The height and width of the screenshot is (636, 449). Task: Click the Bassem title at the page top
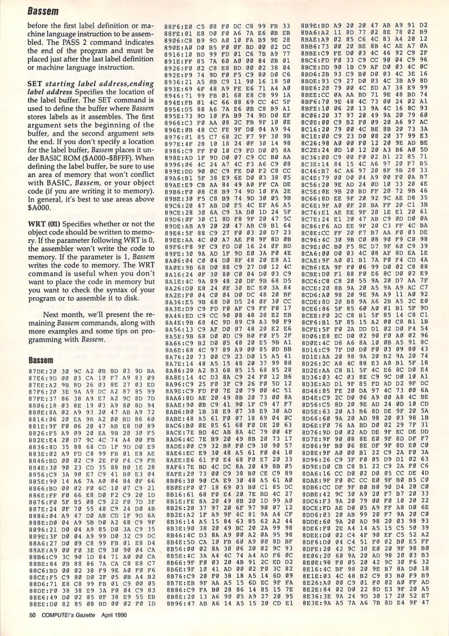(43, 11)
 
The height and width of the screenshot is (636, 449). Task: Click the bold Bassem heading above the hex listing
(41, 360)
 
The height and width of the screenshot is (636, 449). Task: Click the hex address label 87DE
(35, 371)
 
